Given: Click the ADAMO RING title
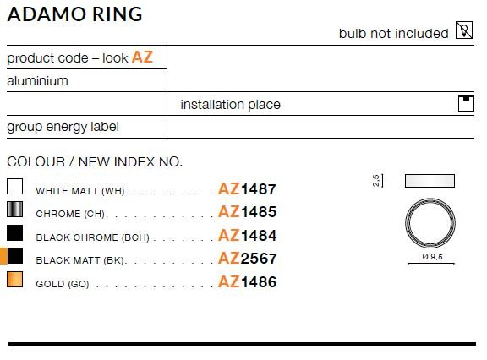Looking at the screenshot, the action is [x=74, y=14].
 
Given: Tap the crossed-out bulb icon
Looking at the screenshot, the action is [x=464, y=30].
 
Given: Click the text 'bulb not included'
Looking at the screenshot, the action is [x=393, y=34].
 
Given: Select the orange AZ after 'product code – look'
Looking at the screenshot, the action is [x=142, y=57].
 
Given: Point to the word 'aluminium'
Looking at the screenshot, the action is [x=37, y=81].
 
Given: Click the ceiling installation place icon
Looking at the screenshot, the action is [x=466, y=103].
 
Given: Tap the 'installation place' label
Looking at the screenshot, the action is [x=231, y=105].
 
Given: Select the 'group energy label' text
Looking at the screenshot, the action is [x=63, y=127].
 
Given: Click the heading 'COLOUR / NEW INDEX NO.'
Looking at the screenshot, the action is [x=95, y=162].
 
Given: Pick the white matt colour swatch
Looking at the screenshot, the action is [x=15, y=186].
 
